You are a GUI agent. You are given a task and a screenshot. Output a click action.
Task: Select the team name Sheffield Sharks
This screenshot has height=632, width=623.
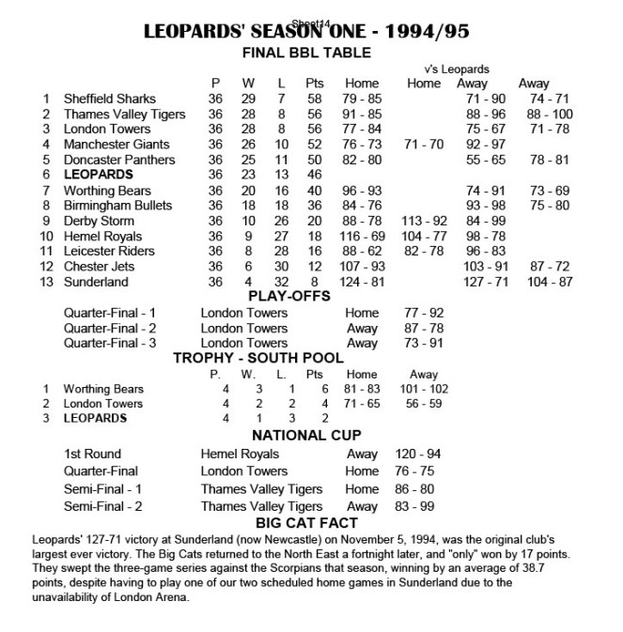110,99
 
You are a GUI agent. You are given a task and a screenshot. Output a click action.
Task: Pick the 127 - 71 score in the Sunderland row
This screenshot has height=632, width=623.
485,282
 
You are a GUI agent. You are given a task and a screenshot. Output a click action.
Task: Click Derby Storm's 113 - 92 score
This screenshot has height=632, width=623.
424,221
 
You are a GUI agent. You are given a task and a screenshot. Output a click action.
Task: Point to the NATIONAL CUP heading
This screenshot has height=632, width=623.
307,436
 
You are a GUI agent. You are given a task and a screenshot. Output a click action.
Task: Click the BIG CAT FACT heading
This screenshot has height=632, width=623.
307,522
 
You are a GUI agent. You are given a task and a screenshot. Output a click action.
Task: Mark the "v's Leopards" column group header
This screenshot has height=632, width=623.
457,69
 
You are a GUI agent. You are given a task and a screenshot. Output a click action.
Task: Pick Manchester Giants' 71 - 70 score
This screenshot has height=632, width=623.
424,145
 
